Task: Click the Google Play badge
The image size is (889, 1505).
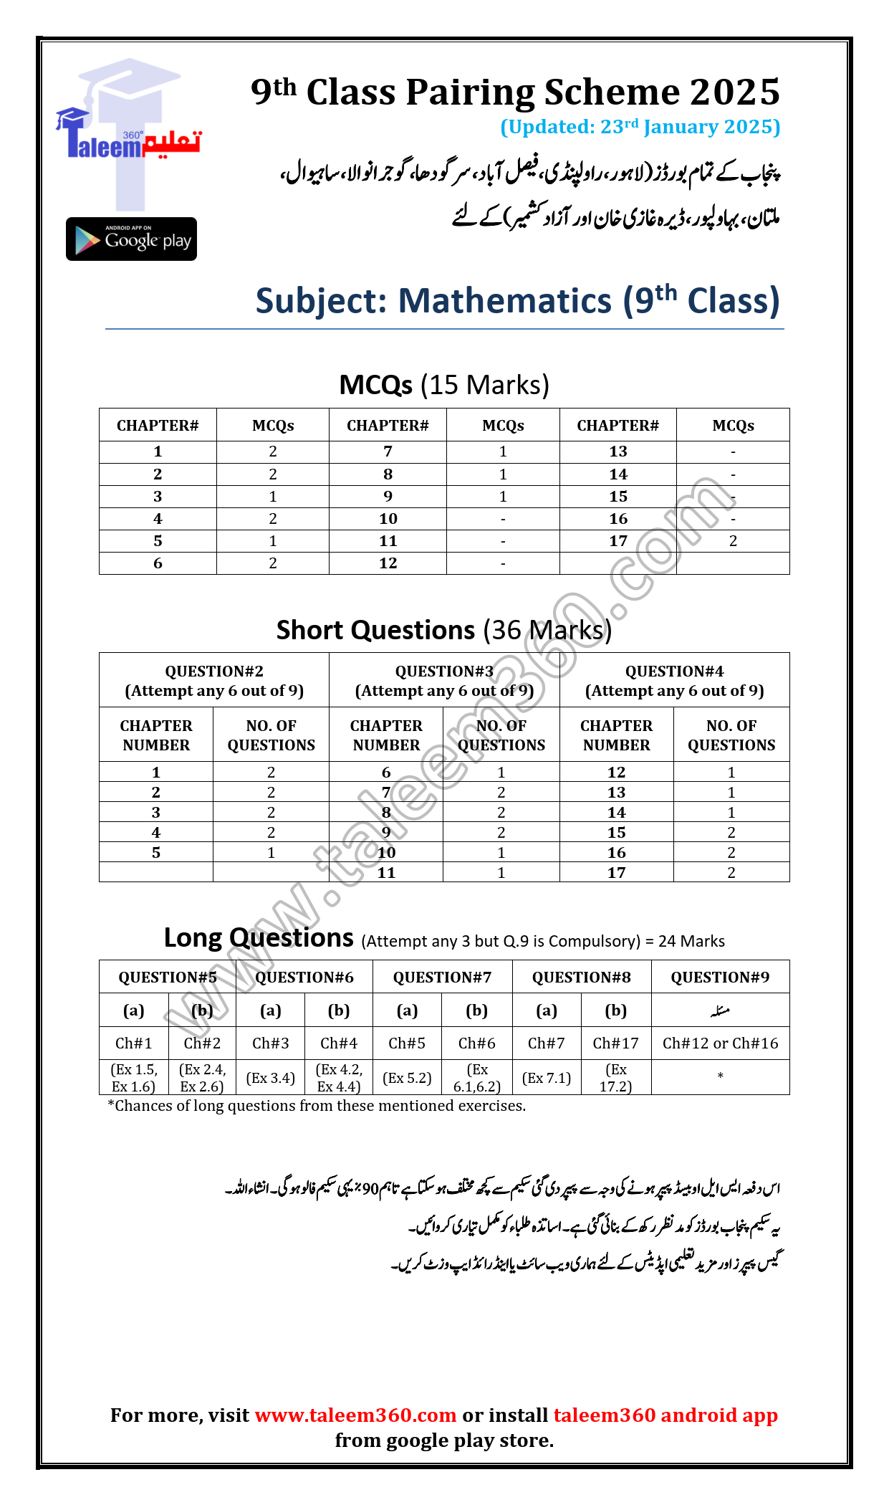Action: click(131, 239)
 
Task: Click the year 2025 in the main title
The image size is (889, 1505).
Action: click(734, 92)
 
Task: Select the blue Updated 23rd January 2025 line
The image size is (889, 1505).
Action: click(640, 127)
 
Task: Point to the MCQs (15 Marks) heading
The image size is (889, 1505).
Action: click(444, 385)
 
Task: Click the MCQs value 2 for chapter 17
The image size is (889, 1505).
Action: click(733, 541)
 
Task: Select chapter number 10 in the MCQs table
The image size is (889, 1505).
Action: click(388, 519)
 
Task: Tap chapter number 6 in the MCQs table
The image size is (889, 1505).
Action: click(158, 563)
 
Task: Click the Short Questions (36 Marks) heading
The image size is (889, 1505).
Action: click(444, 630)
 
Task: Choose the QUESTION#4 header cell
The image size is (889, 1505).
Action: click(674, 680)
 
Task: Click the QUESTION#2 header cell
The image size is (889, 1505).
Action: click(214, 680)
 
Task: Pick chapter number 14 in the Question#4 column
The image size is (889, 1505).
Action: click(616, 813)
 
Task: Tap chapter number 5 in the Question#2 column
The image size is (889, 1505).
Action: click(156, 853)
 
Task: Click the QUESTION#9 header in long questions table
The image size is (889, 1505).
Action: click(720, 978)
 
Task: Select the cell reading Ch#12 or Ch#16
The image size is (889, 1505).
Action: click(720, 1043)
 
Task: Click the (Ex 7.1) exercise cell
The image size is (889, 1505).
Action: click(546, 1078)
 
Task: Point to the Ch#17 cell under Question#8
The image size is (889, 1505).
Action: click(615, 1043)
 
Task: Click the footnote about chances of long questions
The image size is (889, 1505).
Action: click(317, 1106)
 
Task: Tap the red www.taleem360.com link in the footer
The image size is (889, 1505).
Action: click(355, 1415)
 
